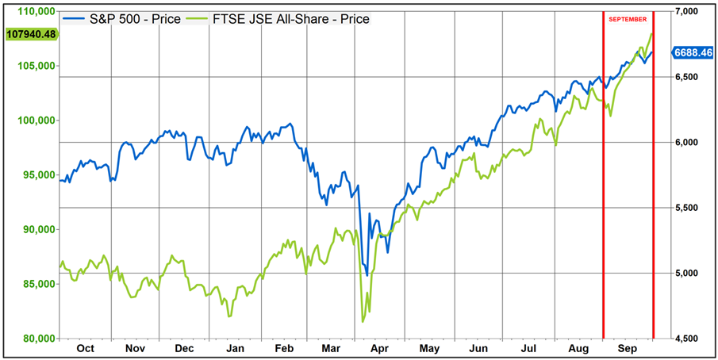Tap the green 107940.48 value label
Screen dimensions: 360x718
tap(30, 34)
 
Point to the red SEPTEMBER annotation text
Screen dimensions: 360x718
tap(628, 18)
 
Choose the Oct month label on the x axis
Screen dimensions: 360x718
tap(85, 349)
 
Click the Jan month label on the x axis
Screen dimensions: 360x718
tap(234, 349)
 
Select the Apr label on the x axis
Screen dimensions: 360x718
tap(379, 349)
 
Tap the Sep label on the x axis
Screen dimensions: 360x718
tap(627, 349)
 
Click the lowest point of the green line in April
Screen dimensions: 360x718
tap(363, 321)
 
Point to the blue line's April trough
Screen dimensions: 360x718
tap(367, 275)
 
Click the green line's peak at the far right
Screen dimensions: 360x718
tap(651, 34)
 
